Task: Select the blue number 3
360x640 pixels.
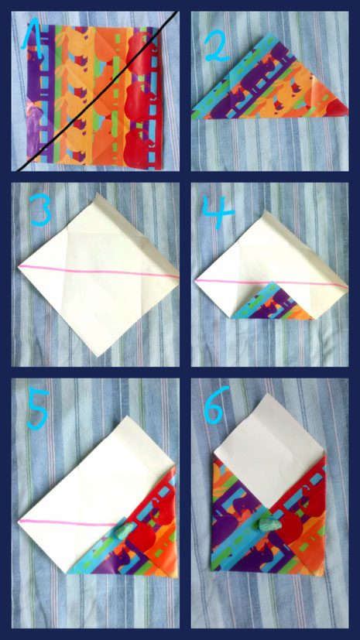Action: tap(41, 210)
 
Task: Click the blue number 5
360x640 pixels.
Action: tap(39, 409)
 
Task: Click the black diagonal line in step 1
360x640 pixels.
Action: tap(97, 91)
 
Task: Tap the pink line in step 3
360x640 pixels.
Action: tap(99, 272)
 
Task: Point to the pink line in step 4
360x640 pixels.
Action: tap(272, 282)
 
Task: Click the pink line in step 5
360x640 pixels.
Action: tap(68, 523)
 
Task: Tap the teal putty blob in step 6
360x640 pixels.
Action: tap(270, 525)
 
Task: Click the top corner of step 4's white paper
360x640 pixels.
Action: tap(265, 211)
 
